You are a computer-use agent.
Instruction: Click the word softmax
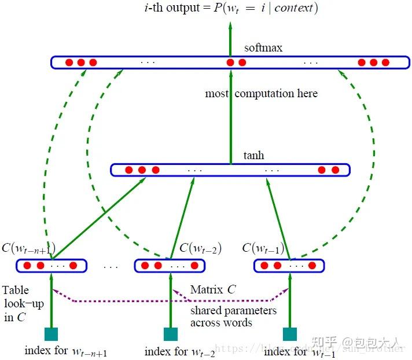[263, 47]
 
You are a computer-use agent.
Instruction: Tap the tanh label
[253, 156]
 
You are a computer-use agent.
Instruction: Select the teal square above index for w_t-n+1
[51, 334]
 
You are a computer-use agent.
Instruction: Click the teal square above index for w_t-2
[170, 334]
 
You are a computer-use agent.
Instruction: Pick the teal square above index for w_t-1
[289, 334]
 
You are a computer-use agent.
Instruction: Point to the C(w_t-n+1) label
[28, 249]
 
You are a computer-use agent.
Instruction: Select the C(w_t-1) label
[263, 249]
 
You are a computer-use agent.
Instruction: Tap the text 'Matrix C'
[213, 289]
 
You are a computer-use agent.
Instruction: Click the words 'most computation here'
[261, 93]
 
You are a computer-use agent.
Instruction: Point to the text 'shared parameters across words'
[233, 317]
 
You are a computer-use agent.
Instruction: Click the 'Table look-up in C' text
[16, 303]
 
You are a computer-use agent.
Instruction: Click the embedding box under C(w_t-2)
[170, 266]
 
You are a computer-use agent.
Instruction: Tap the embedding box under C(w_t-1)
[289, 266]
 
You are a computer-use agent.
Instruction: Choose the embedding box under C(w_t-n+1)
[51, 266]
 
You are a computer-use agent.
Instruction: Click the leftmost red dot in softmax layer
[68, 63]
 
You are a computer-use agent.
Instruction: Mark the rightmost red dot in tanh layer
[336, 170]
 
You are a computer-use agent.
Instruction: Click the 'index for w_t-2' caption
[180, 351]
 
